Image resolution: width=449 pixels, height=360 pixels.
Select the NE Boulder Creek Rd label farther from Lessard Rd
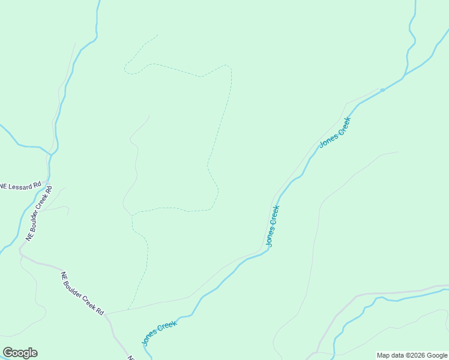82,293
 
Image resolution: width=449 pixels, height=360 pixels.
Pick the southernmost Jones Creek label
159,333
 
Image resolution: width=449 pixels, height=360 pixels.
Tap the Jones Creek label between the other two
273,226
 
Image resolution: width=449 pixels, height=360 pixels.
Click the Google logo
20,353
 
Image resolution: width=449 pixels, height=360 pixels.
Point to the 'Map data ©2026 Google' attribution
412,355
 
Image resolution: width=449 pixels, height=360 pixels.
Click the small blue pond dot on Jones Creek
382,90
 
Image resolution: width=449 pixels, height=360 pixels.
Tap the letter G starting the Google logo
8,353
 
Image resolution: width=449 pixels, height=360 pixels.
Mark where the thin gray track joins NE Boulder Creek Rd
108,313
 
